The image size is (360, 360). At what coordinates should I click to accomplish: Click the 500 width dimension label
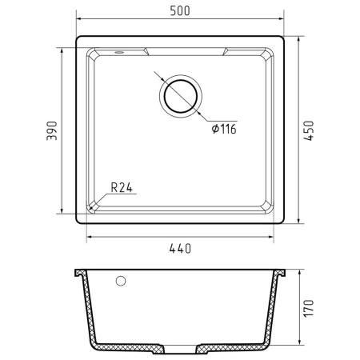point(180,11)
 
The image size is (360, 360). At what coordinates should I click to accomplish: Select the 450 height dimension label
point(310,130)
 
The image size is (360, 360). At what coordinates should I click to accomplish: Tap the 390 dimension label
point(52,130)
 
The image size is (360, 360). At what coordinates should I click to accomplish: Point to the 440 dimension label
point(180,249)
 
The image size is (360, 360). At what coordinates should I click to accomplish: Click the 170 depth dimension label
point(310,308)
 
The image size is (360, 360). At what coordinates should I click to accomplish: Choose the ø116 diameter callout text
point(224,129)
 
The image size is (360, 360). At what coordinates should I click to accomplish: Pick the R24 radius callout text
point(122,188)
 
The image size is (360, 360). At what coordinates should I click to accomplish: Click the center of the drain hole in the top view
point(181,96)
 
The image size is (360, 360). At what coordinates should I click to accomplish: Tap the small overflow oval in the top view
point(119,52)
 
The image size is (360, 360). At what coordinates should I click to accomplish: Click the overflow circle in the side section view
point(121,281)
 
